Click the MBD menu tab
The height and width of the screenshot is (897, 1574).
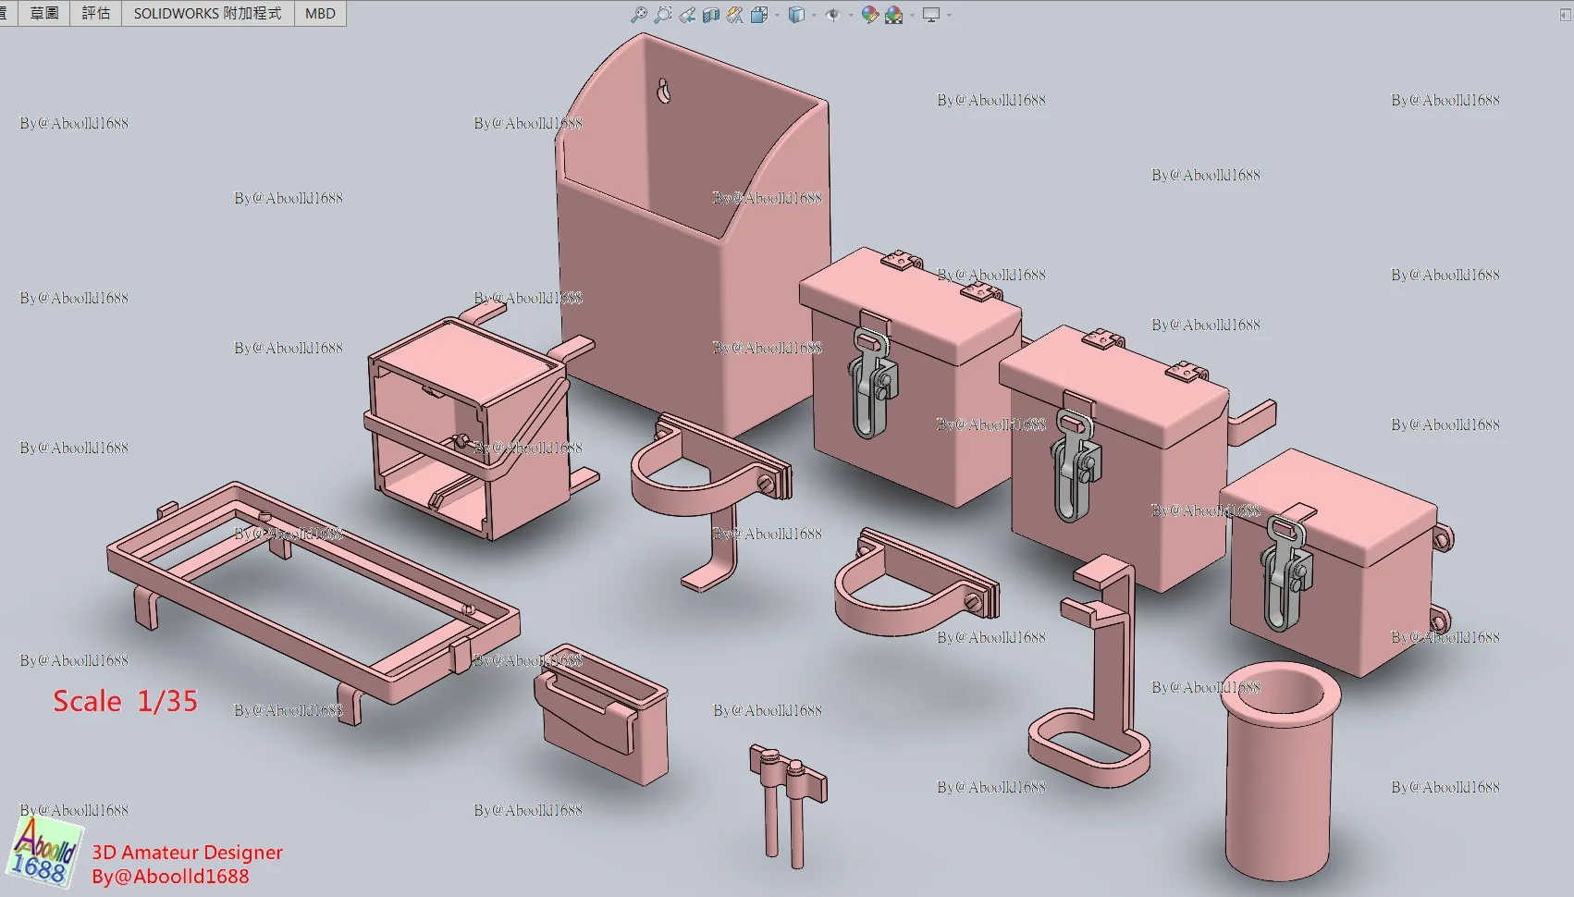pyautogui.click(x=320, y=13)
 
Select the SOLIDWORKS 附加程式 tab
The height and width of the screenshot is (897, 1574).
pyautogui.click(x=207, y=13)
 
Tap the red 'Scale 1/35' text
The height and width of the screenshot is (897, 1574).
pyautogui.click(x=125, y=701)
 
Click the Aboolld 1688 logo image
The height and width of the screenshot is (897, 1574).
pyautogui.click(x=44, y=852)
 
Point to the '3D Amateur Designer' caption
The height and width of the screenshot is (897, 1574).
pyautogui.click(x=188, y=852)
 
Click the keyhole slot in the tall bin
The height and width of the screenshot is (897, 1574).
pyautogui.click(x=664, y=92)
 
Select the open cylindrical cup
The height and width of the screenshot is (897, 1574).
pyautogui.click(x=1280, y=770)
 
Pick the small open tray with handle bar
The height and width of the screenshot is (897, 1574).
pyautogui.click(x=601, y=713)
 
